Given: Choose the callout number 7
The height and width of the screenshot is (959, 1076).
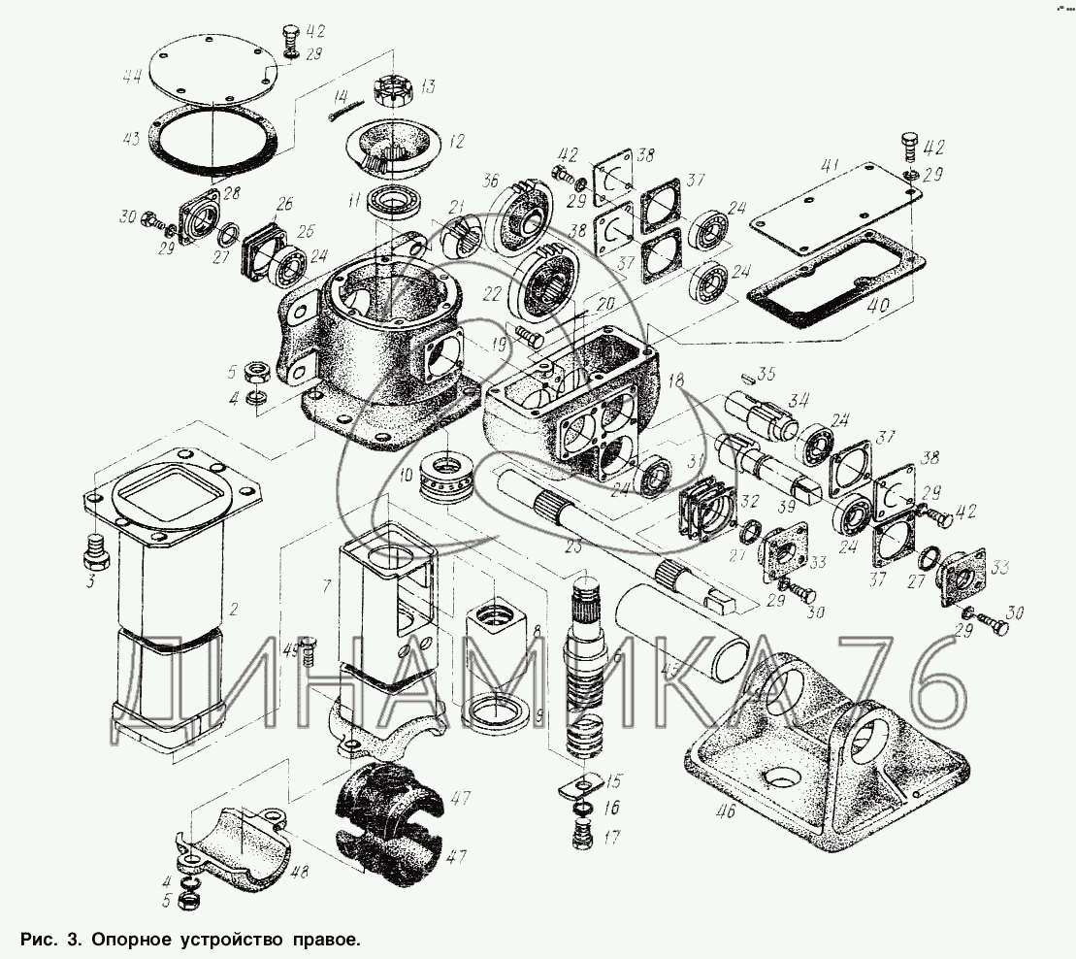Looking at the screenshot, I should [x=327, y=584].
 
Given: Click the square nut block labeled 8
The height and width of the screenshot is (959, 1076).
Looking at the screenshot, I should [x=495, y=633].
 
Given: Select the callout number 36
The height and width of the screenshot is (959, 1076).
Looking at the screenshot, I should [x=491, y=182].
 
